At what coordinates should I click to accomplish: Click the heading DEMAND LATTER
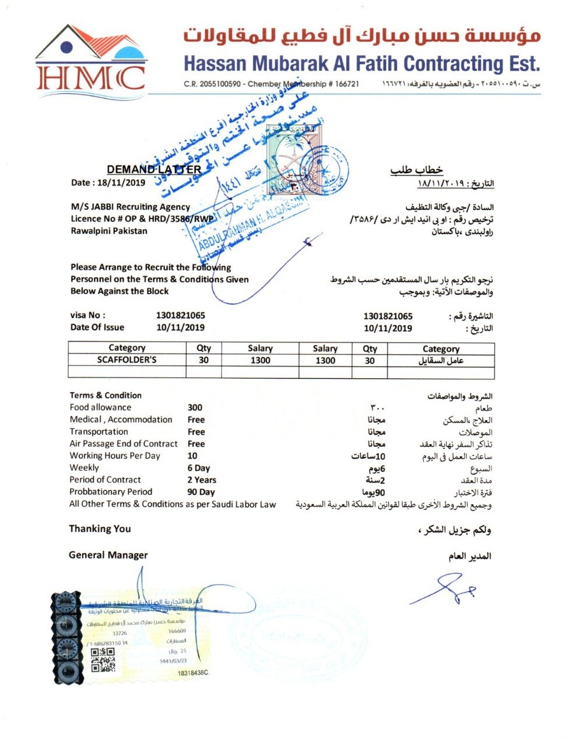(154, 170)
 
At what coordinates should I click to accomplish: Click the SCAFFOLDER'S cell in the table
(127, 360)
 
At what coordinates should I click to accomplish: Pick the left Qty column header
(203, 348)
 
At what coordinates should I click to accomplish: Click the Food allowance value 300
(195, 407)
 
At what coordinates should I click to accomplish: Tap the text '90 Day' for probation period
(201, 492)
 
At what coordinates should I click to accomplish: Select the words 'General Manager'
(108, 555)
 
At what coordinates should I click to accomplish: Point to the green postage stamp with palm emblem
(289, 159)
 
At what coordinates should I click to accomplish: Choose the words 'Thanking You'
(100, 529)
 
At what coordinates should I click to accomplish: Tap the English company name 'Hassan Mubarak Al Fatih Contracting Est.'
(361, 62)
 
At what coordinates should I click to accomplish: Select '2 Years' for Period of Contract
(202, 480)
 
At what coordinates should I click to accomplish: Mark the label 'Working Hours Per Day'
(115, 456)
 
